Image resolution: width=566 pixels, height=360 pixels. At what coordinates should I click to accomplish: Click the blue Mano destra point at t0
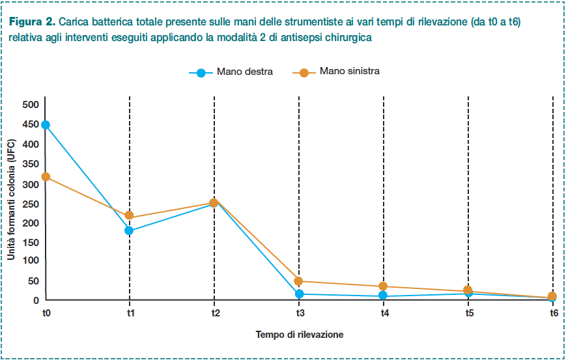[46, 125]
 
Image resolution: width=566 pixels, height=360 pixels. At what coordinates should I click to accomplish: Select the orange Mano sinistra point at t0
[46, 177]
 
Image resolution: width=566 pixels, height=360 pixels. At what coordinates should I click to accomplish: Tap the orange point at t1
[129, 215]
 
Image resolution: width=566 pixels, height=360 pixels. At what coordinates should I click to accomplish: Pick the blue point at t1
[129, 230]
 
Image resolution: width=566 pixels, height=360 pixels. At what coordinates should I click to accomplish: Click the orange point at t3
[298, 281]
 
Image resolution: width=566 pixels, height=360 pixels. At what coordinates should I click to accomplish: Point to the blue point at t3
[299, 294]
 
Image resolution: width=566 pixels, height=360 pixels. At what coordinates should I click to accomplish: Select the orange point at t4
[383, 286]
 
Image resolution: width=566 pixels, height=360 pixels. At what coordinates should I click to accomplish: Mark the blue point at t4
[383, 296]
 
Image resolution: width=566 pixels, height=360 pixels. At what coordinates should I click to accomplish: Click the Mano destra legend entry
[231, 72]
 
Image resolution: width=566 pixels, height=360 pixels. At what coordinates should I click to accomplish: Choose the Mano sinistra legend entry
[336, 72]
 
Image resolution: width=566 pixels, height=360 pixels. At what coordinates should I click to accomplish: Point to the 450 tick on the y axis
[31, 124]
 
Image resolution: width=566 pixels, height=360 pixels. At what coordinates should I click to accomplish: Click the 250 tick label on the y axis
[31, 204]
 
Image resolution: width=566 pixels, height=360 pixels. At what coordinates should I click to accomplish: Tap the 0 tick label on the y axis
[36, 300]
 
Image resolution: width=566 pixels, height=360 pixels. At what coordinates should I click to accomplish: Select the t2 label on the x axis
[216, 313]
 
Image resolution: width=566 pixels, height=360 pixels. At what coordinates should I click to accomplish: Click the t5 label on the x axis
[469, 313]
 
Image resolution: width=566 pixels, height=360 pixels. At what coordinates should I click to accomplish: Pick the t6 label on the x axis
[554, 313]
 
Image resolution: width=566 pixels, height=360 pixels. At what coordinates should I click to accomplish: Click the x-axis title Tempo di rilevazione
[300, 335]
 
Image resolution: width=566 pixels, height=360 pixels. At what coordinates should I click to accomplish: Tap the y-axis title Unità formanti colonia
[11, 199]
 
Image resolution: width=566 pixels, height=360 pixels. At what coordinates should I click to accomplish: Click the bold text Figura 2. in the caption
[32, 22]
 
